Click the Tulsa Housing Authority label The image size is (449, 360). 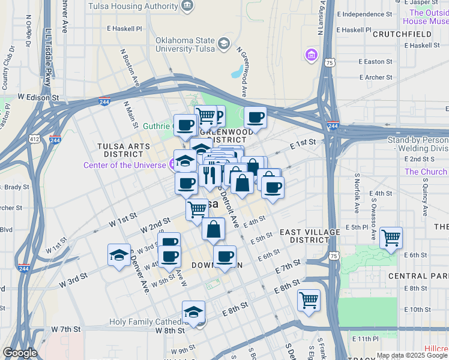coord(133,6)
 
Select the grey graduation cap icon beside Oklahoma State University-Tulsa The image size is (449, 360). coord(224,43)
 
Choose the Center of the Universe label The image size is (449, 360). coord(125,165)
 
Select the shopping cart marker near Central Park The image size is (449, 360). coord(391,238)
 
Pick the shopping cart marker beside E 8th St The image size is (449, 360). coord(309,299)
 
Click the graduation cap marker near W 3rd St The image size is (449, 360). coord(119,255)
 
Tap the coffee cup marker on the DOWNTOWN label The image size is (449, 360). coord(225,257)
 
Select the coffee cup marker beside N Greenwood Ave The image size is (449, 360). coord(255,118)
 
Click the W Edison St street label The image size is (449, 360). coord(38,97)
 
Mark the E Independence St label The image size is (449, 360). coord(364,14)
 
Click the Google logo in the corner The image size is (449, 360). coord(20,353)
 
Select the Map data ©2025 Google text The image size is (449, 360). coord(411,355)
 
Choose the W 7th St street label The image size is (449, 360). coord(66,329)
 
